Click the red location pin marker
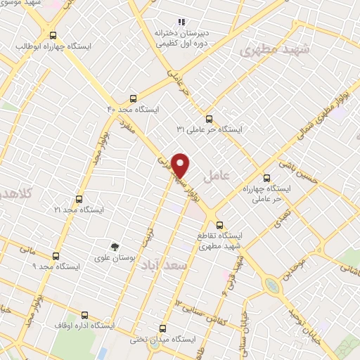click(181, 165)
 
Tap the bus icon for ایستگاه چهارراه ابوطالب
click(53, 35)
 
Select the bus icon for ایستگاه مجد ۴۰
click(134, 99)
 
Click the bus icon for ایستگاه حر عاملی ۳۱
click(208, 118)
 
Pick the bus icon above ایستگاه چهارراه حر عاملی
click(266, 178)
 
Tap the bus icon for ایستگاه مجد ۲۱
click(79, 199)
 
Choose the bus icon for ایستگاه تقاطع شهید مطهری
click(221, 226)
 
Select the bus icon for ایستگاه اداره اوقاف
click(85, 315)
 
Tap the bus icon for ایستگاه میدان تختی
click(163, 328)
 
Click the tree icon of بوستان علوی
click(115, 246)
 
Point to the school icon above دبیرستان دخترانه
click(181, 22)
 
